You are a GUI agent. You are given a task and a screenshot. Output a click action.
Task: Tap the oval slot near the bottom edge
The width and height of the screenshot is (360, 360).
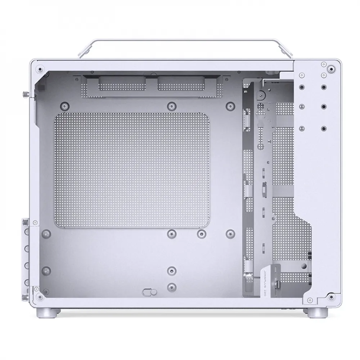[148, 292]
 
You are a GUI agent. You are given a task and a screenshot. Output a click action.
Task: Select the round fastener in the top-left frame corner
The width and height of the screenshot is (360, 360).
[40, 69]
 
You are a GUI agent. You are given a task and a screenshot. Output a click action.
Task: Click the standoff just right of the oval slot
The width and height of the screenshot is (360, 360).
[172, 287]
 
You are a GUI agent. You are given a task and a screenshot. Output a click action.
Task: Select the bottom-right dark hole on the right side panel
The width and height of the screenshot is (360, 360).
[324, 128]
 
